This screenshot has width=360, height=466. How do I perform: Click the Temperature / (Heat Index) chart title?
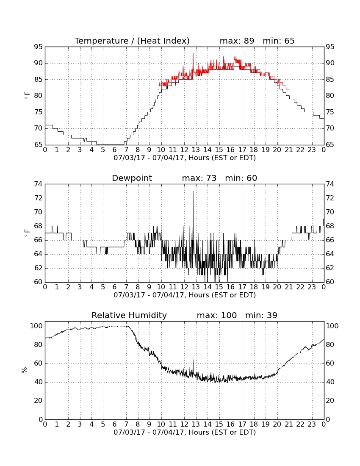pyautogui.click(x=132, y=41)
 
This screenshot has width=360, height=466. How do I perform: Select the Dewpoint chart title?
pyautogui.click(x=132, y=178)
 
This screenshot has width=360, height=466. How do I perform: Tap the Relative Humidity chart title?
pyautogui.click(x=129, y=315)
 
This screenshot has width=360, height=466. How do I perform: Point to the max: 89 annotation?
pyautogui.click(x=237, y=41)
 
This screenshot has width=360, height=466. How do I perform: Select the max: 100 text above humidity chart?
pyautogui.click(x=217, y=315)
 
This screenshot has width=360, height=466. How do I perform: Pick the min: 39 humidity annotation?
pyautogui.click(x=261, y=315)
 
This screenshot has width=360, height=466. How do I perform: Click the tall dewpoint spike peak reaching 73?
pyautogui.click(x=193, y=191)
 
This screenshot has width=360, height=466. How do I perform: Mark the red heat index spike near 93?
pyautogui.click(x=193, y=53)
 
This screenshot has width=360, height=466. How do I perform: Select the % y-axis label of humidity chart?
pyautogui.click(x=25, y=370)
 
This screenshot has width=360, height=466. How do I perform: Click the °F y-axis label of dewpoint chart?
pyautogui.click(x=27, y=233)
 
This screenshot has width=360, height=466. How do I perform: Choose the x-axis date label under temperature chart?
pyautogui.click(x=185, y=158)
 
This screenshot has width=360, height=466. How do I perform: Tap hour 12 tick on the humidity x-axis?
pyautogui.click(x=185, y=424)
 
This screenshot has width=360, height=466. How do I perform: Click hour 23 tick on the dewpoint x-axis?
pyautogui.click(x=312, y=287)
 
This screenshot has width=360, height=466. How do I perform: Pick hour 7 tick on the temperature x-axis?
pyautogui.click(x=126, y=150)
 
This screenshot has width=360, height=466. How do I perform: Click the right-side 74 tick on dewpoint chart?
pyautogui.click(x=330, y=184)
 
